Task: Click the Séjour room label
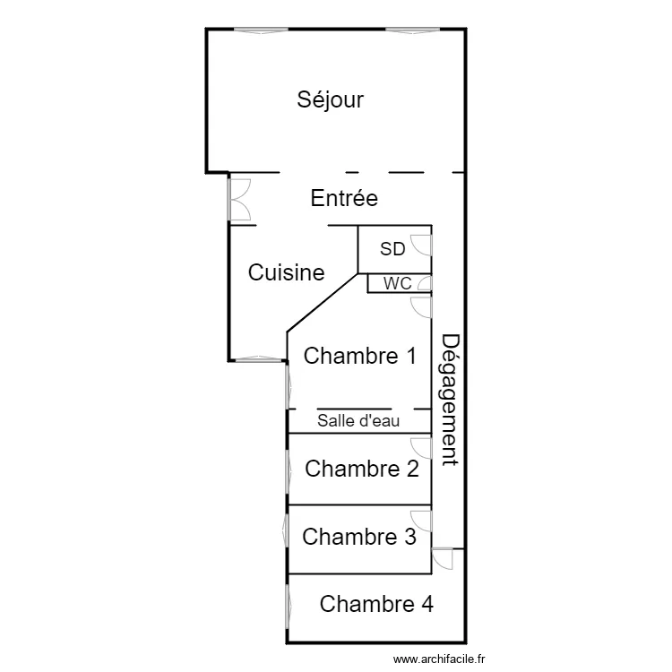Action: [331, 99]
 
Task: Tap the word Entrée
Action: [344, 198]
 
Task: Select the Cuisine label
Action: [286, 272]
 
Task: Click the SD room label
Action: [392, 249]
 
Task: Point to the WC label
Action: [398, 284]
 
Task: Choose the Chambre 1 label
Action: [360, 357]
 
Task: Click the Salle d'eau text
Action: [358, 420]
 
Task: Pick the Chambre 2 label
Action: [362, 469]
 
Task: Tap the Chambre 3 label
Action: [359, 537]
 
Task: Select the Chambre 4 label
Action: [376, 604]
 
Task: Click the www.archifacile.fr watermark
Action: [444, 659]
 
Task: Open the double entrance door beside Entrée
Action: [239, 200]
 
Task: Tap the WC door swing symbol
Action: [425, 285]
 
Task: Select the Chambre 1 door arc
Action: [421, 306]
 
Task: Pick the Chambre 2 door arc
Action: [421, 447]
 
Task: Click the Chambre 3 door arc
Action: [421, 519]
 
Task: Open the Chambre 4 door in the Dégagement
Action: [443, 556]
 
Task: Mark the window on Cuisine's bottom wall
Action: [258, 359]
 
